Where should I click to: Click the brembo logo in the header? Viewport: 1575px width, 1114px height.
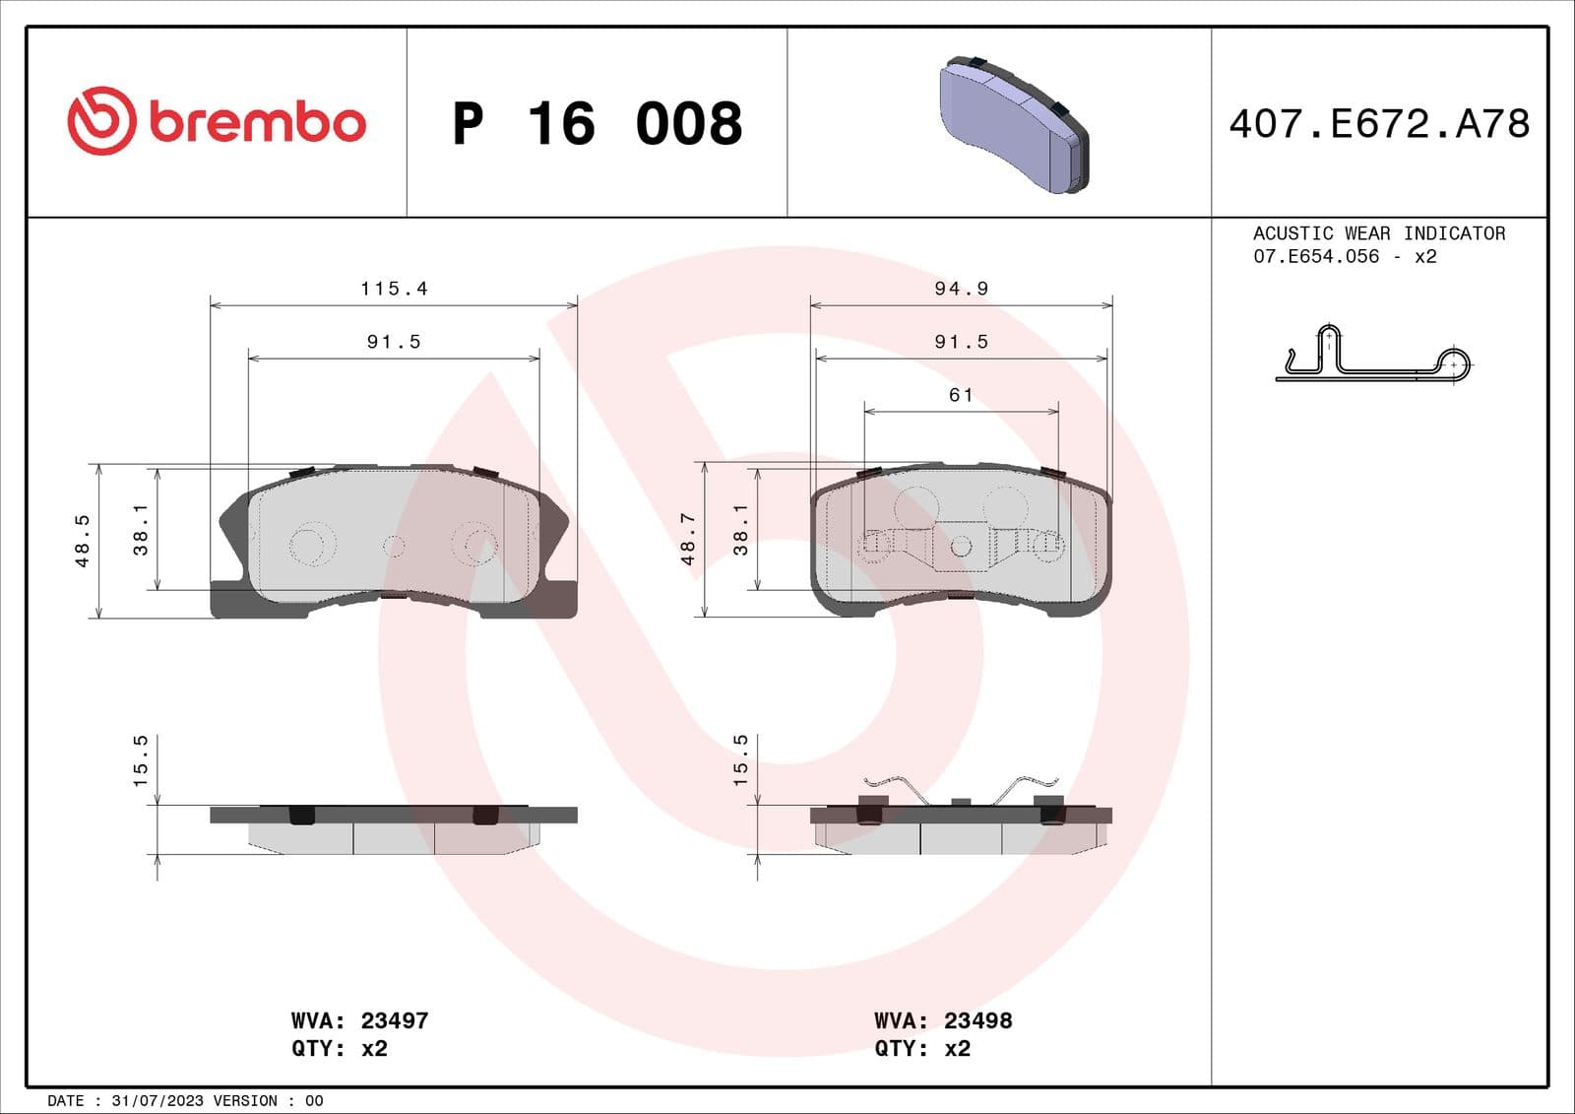point(217,121)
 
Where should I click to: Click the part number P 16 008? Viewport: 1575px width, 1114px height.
point(597,124)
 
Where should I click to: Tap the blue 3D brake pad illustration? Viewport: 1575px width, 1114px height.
point(1014,123)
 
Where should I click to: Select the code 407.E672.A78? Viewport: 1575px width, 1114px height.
point(1378,124)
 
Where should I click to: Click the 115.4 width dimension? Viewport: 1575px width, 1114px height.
point(394,289)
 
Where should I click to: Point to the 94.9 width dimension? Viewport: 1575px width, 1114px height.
point(961,289)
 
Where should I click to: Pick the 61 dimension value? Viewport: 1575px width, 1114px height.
point(961,395)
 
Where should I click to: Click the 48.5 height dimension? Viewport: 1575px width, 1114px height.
point(83,541)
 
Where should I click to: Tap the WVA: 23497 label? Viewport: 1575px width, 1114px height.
point(359,1020)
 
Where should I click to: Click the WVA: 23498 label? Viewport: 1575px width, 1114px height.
point(942,1020)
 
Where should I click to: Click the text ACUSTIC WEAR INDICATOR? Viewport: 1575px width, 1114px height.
point(1378,233)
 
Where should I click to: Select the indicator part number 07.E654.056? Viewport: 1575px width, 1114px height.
point(1316,256)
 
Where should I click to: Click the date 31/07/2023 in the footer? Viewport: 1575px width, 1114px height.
point(157,1100)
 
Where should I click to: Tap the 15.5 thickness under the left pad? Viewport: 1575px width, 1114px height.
point(140,759)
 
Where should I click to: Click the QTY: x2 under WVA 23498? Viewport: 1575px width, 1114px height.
point(921,1048)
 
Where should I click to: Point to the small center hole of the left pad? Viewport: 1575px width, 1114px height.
point(394,545)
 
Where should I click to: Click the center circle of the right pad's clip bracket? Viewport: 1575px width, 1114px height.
point(961,546)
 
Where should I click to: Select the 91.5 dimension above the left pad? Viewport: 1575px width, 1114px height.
point(394,342)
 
